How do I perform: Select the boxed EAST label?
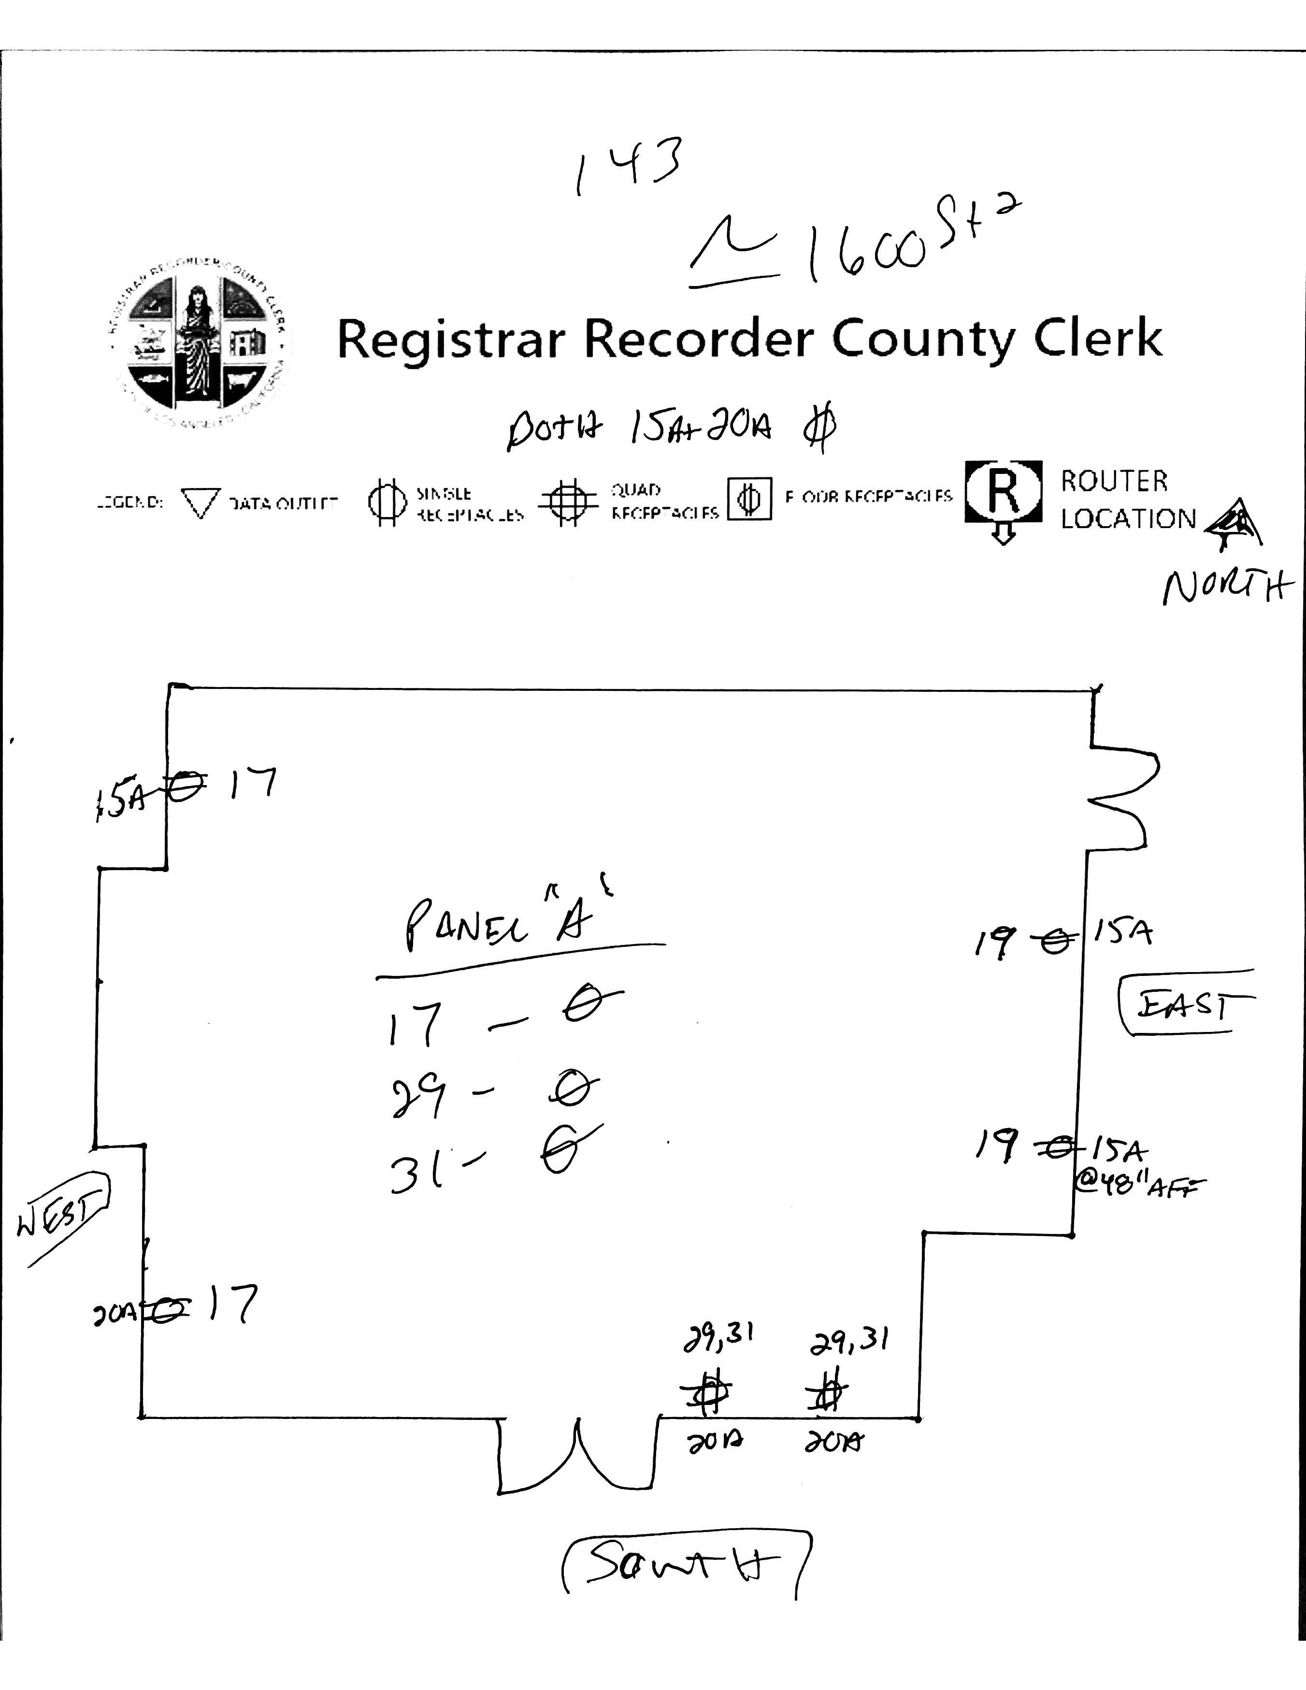(1185, 1003)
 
